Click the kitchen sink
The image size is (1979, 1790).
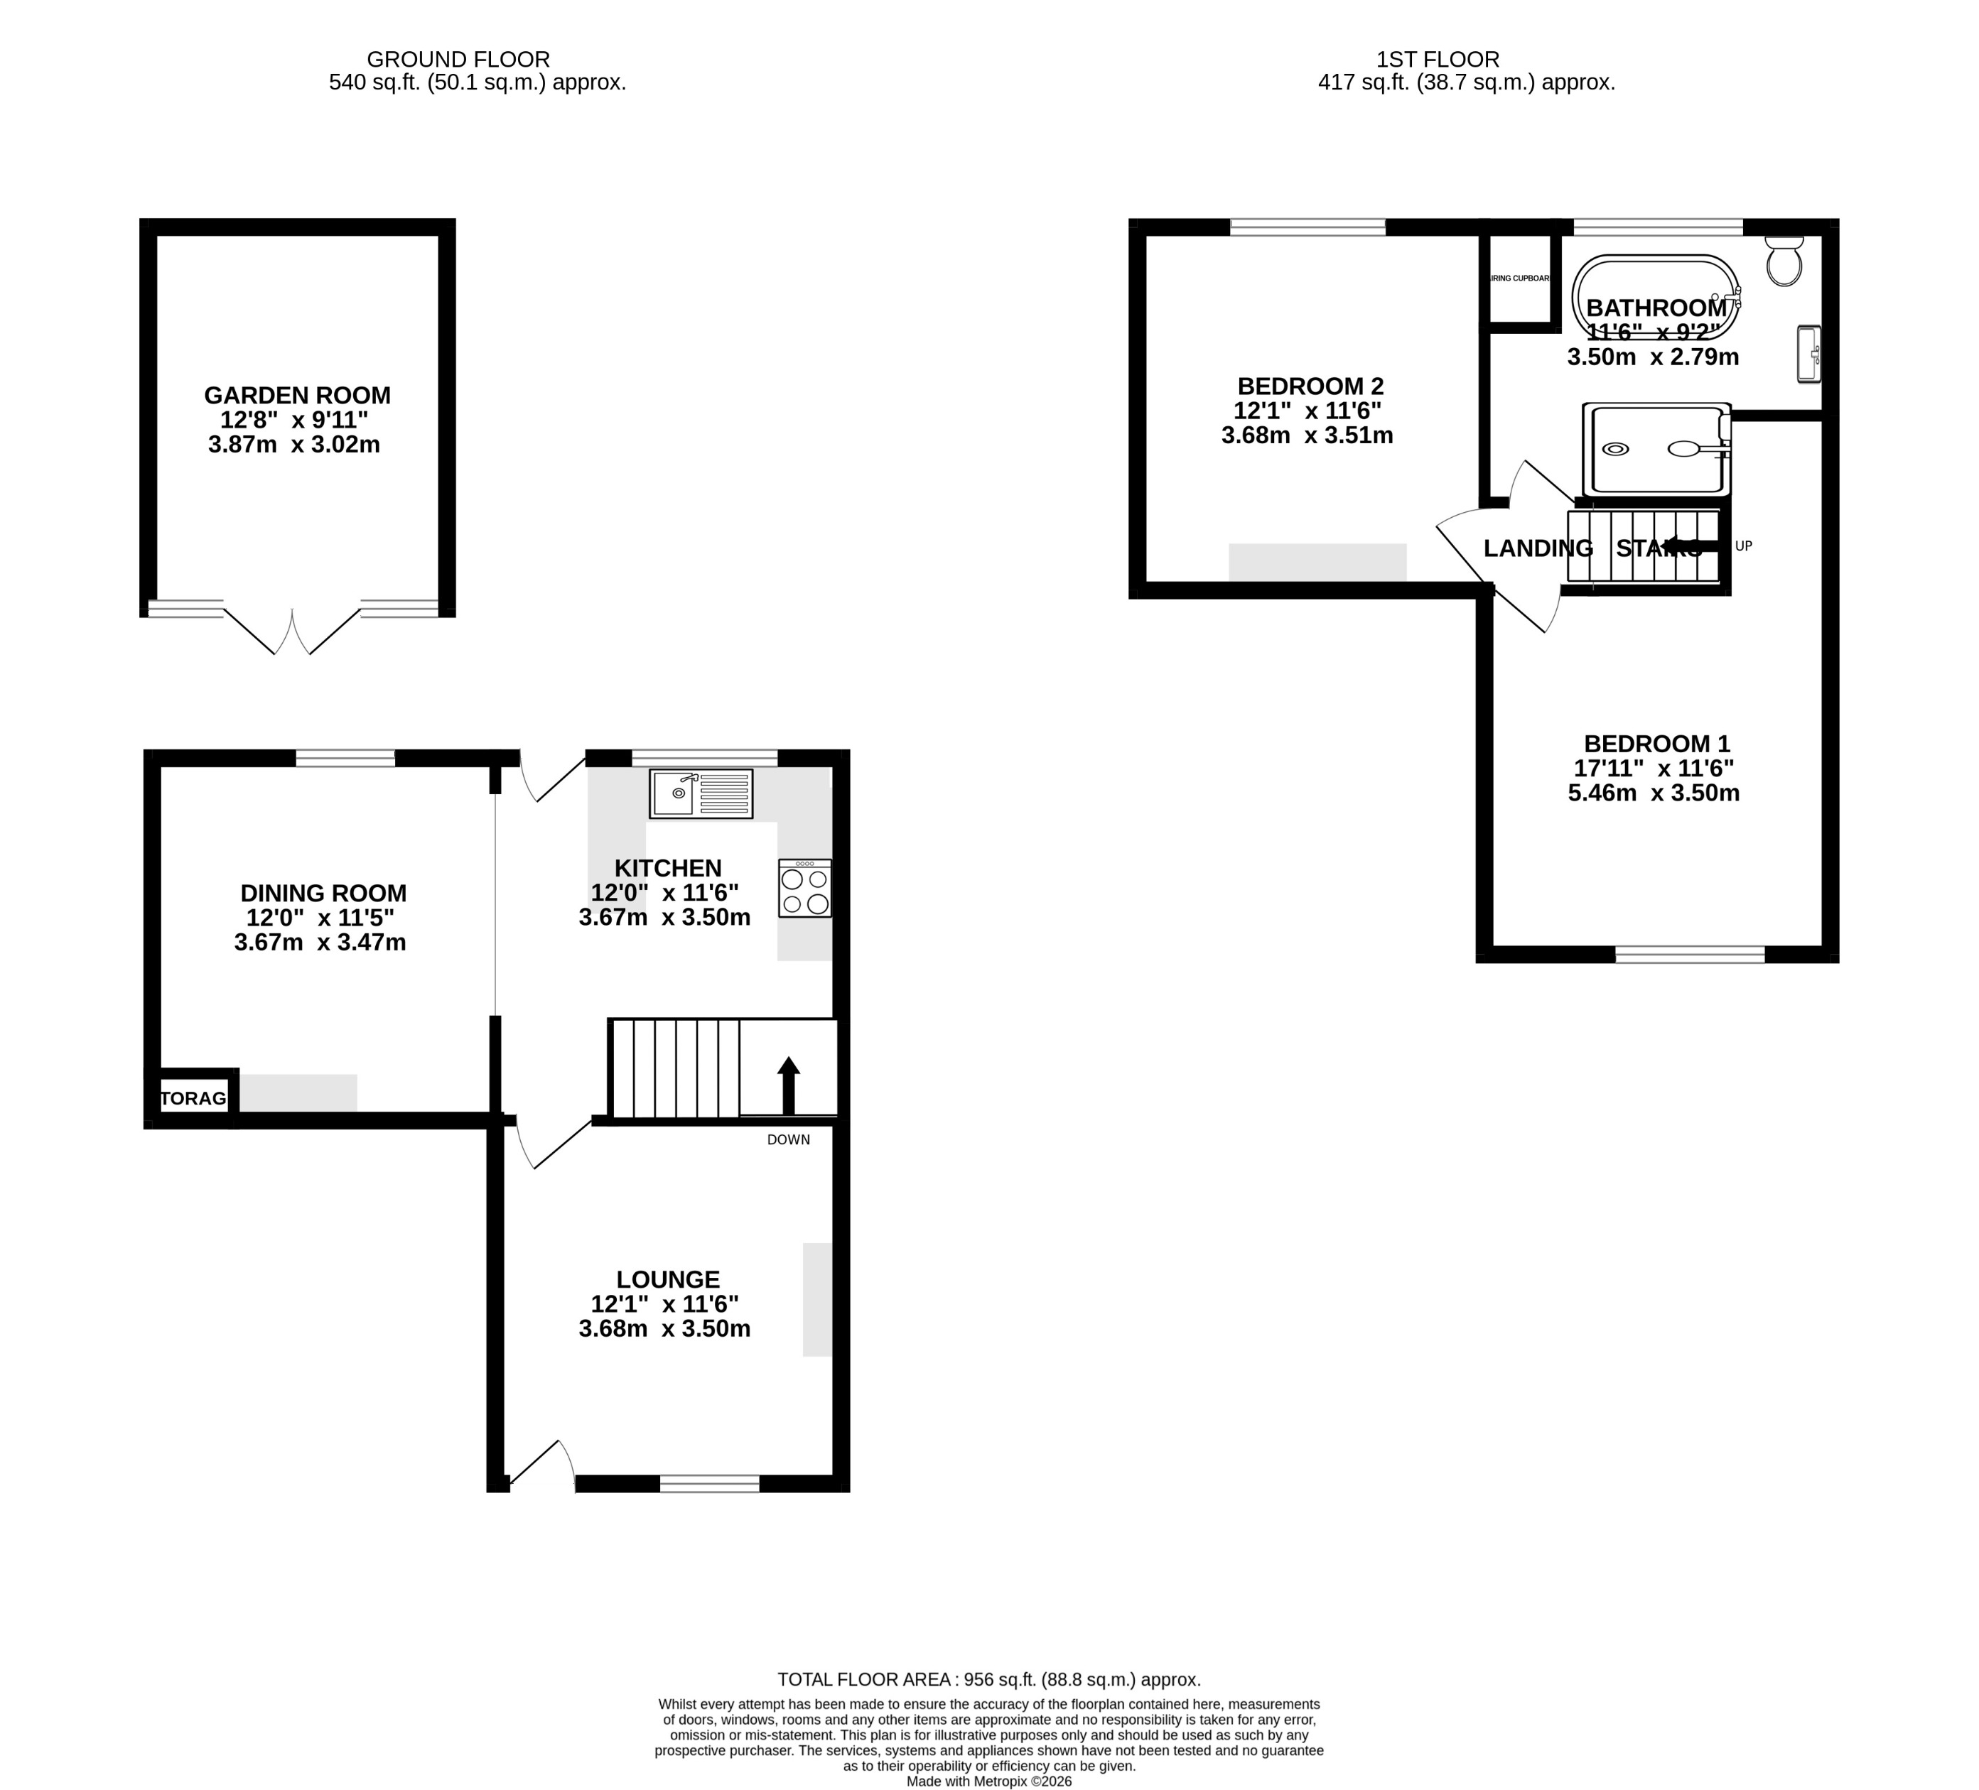click(x=701, y=794)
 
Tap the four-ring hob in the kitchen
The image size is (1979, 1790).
click(x=804, y=889)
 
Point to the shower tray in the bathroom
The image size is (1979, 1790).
click(x=1656, y=450)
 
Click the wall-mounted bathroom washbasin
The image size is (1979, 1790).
click(x=1808, y=354)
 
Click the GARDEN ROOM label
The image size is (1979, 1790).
click(x=298, y=396)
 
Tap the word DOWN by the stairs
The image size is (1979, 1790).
click(x=788, y=1139)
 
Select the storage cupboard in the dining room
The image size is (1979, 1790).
click(x=193, y=1098)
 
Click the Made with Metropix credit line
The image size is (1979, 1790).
click(x=988, y=1781)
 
